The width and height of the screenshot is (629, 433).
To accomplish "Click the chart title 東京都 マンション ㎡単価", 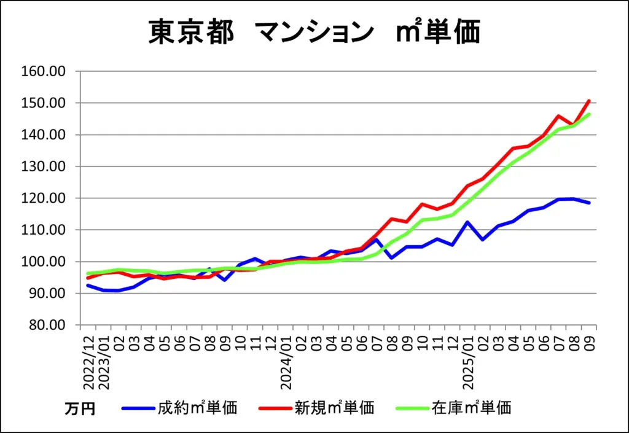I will coord(314,32).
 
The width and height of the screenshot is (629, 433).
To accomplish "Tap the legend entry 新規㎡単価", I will coord(334,407).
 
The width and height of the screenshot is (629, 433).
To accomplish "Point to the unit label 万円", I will coord(80,408).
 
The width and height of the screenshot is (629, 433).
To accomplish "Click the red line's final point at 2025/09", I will coord(589,101).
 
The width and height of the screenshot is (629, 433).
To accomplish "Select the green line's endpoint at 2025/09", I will coord(589,114).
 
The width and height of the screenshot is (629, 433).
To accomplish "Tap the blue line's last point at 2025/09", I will coord(589,203).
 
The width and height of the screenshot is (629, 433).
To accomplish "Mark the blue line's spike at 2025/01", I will coord(467,222).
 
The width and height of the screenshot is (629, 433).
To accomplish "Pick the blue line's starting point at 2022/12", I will coord(88,285).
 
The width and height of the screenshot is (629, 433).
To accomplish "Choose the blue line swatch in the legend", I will coord(138,407).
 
